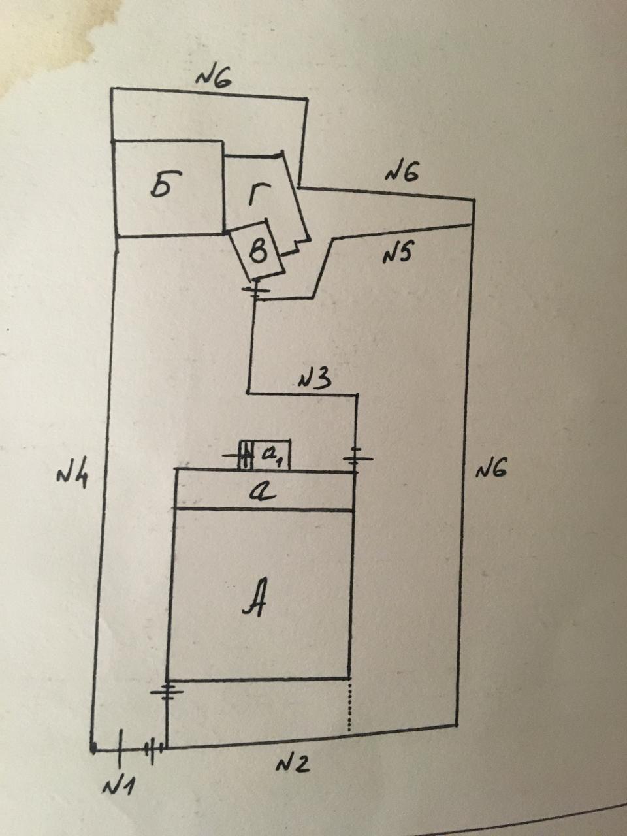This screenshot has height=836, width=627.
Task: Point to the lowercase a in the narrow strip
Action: [263, 490]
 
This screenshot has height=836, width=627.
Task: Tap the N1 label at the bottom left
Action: [118, 786]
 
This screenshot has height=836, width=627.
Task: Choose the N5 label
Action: [396, 254]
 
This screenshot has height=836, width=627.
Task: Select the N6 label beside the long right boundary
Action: [491, 469]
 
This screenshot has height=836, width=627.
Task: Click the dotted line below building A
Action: [351, 705]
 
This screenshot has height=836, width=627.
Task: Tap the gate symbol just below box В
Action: [254, 289]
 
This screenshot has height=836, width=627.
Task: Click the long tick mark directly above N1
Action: [120, 748]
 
